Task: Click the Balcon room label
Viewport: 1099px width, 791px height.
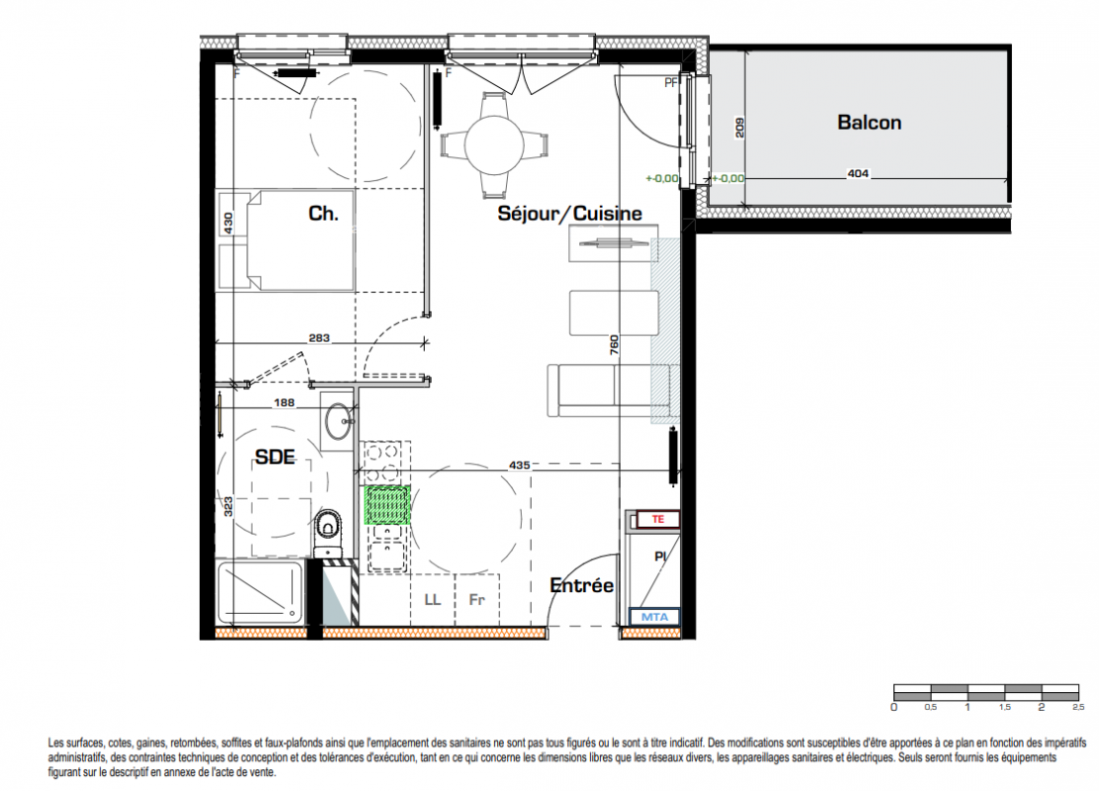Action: (869, 122)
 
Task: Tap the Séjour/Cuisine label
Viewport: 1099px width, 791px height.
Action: (570, 214)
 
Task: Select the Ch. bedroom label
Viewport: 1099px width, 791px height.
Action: (323, 214)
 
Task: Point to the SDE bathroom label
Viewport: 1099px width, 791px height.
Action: (275, 457)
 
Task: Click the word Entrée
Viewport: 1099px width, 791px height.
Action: (582, 584)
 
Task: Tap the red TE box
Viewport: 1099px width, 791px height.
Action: (657, 520)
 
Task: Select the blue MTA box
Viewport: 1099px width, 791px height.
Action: (654, 617)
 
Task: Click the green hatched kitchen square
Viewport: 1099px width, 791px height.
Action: (386, 505)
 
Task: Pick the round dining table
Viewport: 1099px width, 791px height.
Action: (494, 145)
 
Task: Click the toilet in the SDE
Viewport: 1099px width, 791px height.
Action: (327, 530)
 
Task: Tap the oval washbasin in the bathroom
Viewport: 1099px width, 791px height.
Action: (339, 421)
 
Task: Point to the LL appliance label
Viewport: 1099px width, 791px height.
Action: (433, 599)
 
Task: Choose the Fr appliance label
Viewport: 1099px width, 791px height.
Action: (476, 599)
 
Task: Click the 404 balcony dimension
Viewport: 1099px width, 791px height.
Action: (858, 173)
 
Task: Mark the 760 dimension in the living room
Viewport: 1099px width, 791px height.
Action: (614, 344)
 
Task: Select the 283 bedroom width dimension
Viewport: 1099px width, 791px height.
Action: (319, 338)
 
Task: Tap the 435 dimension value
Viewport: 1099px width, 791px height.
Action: (520, 465)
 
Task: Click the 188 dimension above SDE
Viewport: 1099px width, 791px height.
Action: (284, 402)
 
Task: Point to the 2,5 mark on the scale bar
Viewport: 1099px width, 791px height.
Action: (1078, 708)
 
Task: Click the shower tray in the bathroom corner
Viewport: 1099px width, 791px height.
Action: (261, 592)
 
